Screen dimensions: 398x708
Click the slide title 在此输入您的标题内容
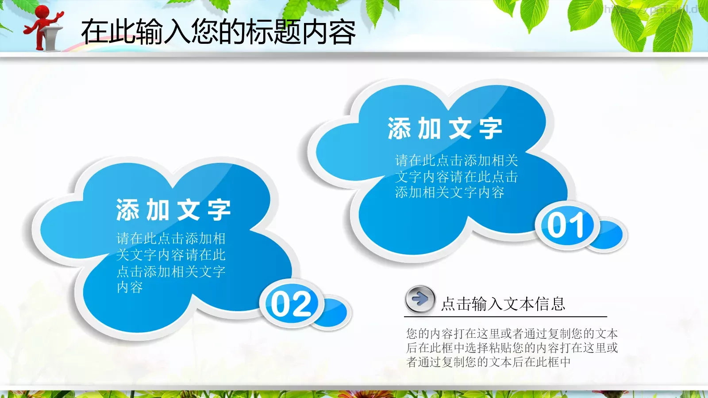pos(218,32)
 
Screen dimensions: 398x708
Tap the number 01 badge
pos(566,226)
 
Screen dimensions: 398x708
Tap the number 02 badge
pos(291,304)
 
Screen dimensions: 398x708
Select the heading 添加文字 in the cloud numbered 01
pos(445,129)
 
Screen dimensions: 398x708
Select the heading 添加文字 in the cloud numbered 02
pos(173,210)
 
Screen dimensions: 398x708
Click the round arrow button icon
pos(419,299)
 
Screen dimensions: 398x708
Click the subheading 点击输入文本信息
pos(503,304)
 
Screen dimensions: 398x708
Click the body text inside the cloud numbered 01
pos(456,176)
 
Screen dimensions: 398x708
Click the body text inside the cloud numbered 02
pos(171,263)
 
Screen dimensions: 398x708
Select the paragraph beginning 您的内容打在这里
pos(512,348)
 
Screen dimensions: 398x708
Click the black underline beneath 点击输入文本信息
pos(505,317)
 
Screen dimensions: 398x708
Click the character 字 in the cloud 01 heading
pos(490,129)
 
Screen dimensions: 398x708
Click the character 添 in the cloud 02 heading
pos(127,210)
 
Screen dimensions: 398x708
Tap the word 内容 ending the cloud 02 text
pos(130,287)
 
